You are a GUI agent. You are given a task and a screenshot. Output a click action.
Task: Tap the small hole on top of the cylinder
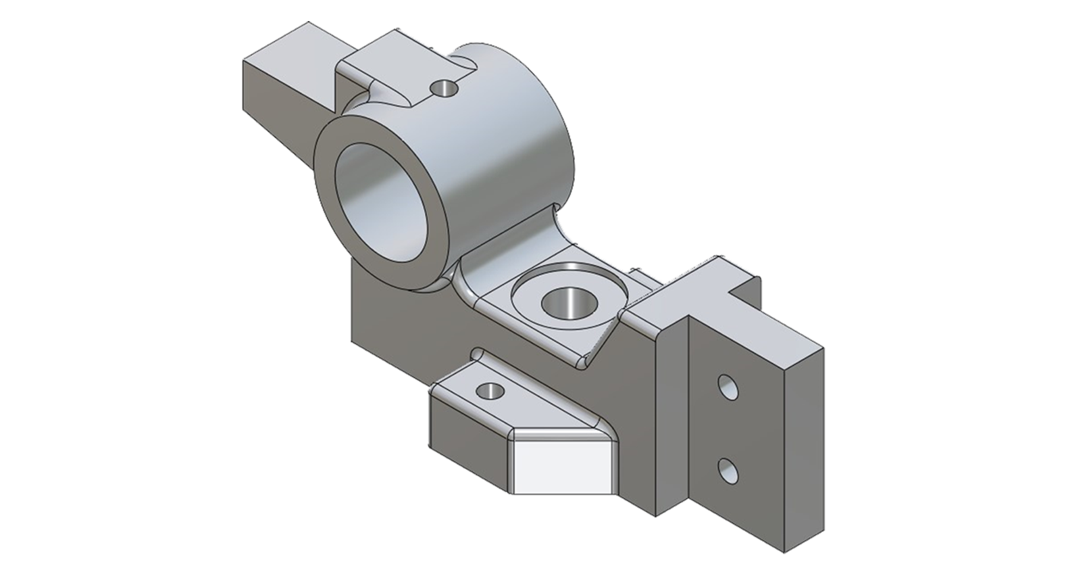[443, 87]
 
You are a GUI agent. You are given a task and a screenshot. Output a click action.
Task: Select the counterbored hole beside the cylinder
[567, 303]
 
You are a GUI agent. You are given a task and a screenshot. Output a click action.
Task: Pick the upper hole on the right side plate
[728, 389]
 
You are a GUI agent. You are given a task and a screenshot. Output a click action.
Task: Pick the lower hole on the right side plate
[728, 470]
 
